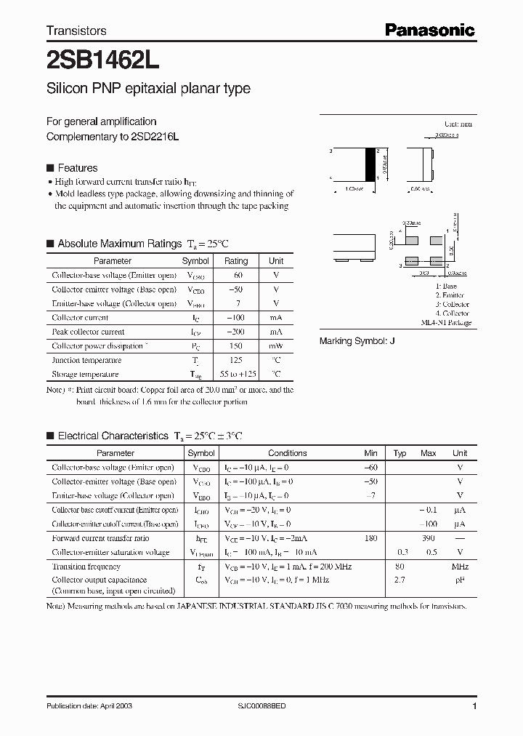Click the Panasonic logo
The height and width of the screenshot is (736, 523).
click(x=429, y=30)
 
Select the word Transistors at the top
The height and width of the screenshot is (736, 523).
click(x=76, y=31)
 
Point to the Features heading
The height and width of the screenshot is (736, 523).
click(x=77, y=168)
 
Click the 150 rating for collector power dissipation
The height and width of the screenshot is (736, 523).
click(x=235, y=346)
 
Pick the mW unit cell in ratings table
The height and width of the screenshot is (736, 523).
click(x=276, y=346)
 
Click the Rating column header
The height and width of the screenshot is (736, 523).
click(x=236, y=260)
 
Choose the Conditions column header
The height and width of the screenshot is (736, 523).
click(x=288, y=453)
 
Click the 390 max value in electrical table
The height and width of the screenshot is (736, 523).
click(x=428, y=539)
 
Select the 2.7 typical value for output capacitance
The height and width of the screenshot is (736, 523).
click(x=399, y=580)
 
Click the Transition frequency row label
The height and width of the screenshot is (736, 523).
click(x=86, y=567)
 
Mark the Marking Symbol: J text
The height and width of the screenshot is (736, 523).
click(x=357, y=341)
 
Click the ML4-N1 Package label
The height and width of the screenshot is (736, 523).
click(x=446, y=322)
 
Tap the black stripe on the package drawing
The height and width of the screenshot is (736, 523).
click(x=378, y=164)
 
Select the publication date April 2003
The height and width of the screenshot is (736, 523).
click(x=89, y=706)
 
